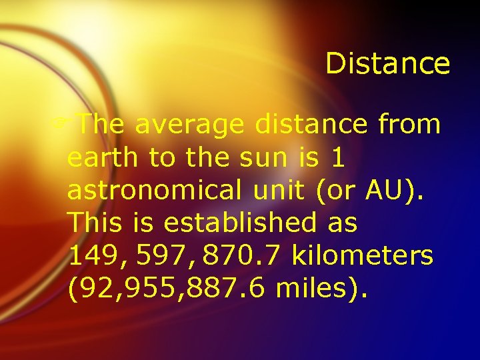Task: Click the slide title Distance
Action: (387, 64)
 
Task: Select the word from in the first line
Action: (409, 124)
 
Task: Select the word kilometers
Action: (363, 255)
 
